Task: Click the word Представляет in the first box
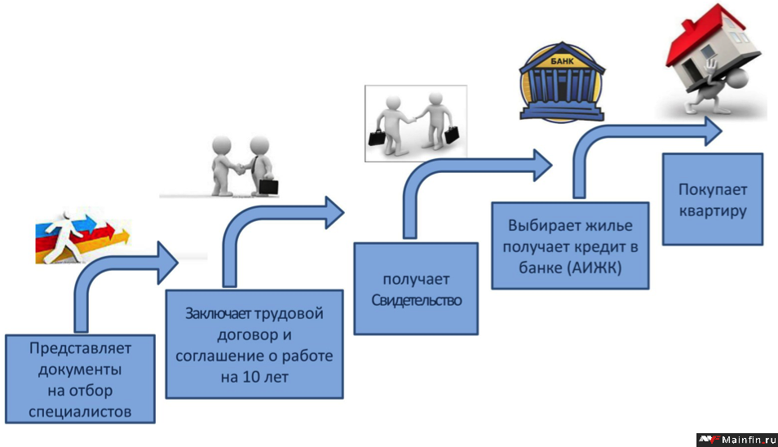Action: click(79, 348)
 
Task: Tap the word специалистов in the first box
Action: click(79, 411)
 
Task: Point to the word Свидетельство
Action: click(416, 300)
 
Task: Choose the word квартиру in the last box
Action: click(712, 210)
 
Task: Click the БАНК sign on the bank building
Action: click(562, 61)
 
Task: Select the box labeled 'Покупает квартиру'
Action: click(712, 199)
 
